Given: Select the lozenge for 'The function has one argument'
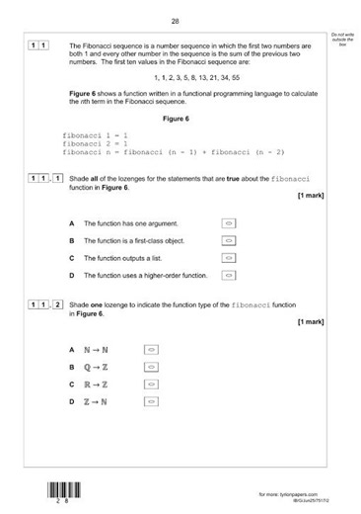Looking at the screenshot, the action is pos(229,224).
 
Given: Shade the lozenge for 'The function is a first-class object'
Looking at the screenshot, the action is pos(229,241).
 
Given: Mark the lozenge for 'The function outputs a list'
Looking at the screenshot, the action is pos(229,258).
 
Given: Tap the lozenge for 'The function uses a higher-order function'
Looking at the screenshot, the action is pos(229,275).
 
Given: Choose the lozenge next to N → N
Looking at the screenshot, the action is pos(151,350).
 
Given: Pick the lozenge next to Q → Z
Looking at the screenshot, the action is pos(151,367).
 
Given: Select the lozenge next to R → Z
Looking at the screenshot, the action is pos(151,384).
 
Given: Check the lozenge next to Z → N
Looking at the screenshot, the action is pos(151,401).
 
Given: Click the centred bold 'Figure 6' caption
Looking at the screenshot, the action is pos(178,119).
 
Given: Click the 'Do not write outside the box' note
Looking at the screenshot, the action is pos(342,38).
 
